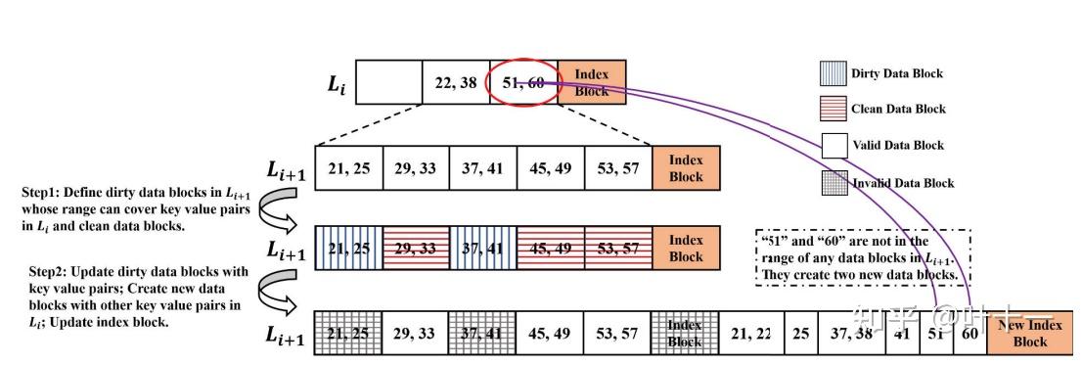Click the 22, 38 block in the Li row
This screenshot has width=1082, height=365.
tap(456, 82)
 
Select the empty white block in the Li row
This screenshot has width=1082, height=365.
tap(388, 82)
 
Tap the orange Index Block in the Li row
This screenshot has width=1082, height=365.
tap(591, 82)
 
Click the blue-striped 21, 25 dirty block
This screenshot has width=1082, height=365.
tap(349, 249)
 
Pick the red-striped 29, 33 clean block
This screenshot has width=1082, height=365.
tap(416, 249)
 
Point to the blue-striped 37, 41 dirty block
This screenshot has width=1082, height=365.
tap(483, 249)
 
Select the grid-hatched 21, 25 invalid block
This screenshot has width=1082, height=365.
tap(349, 334)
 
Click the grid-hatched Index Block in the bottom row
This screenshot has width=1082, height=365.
tap(685, 334)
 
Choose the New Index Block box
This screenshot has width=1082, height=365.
tap(1029, 334)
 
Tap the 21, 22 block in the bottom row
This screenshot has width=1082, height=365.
tap(750, 334)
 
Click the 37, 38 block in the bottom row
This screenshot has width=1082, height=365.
tap(850, 334)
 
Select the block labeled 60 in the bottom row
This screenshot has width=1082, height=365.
tap(970, 334)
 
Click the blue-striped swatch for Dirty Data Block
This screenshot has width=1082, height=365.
tap(833, 74)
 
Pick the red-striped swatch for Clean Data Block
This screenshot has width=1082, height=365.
tap(833, 110)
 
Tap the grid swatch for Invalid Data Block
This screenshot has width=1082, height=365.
tap(833, 182)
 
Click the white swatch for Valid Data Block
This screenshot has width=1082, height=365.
tap(833, 146)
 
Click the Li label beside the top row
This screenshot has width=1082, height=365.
tap(337, 85)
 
